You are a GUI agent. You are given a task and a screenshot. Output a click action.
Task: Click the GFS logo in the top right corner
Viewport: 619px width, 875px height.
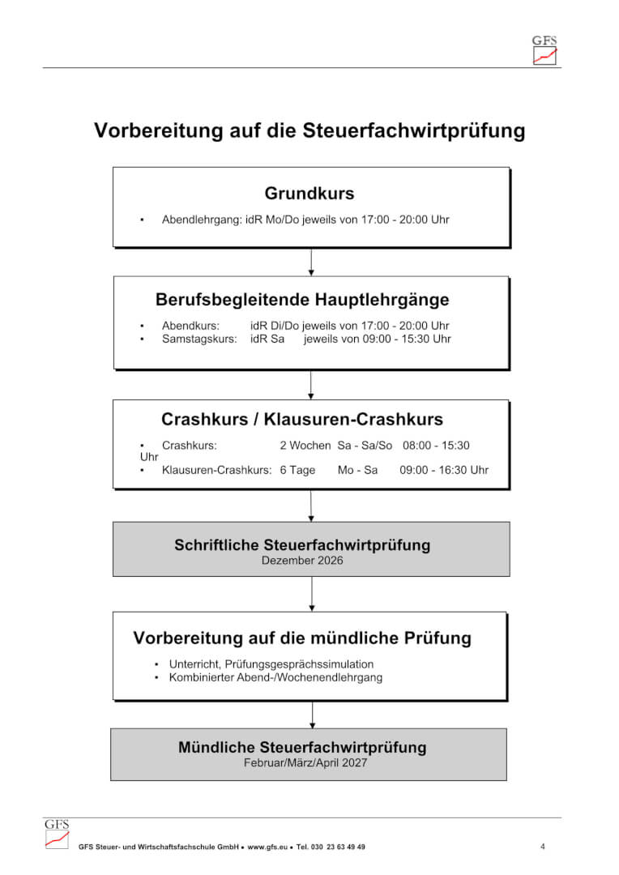tap(544, 49)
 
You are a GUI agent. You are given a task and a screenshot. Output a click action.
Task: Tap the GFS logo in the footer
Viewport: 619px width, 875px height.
tap(57, 834)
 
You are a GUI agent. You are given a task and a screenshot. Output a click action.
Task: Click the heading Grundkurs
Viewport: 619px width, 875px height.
tap(309, 193)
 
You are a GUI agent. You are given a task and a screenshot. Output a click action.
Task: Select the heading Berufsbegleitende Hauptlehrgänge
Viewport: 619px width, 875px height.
tap(302, 300)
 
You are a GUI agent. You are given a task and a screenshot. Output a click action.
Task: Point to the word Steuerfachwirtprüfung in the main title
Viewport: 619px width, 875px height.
tap(413, 130)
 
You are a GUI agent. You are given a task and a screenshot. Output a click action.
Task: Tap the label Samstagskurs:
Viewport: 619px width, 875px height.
tap(199, 339)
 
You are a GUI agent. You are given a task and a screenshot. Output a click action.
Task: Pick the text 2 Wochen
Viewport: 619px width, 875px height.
tap(305, 446)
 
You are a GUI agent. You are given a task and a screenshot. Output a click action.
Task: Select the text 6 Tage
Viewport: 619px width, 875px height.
tap(297, 470)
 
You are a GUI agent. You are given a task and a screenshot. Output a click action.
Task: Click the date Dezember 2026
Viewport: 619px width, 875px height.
tap(302, 561)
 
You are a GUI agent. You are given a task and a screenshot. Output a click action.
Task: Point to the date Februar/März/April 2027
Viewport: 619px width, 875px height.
tap(305, 762)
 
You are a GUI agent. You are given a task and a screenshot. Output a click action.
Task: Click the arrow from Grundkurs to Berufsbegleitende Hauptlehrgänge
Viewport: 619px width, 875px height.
tap(311, 262)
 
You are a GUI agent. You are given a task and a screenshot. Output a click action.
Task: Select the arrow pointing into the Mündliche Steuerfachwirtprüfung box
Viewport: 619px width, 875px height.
tap(312, 715)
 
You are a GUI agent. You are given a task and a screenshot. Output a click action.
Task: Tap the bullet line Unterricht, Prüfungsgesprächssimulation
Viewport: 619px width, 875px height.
tap(271, 664)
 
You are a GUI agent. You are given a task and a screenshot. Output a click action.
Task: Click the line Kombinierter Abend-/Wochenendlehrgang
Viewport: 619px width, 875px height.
tap(275, 677)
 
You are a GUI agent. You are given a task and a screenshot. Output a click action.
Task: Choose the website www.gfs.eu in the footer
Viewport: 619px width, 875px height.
tap(267, 847)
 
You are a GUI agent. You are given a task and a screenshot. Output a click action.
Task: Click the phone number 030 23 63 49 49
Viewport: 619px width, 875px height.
tap(338, 847)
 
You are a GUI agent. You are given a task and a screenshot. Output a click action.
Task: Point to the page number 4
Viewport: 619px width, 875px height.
tap(543, 847)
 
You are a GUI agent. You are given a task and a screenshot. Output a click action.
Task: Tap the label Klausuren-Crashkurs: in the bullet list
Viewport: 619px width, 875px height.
tap(216, 470)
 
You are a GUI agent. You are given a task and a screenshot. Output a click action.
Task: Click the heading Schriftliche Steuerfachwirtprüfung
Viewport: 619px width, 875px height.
tap(302, 544)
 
